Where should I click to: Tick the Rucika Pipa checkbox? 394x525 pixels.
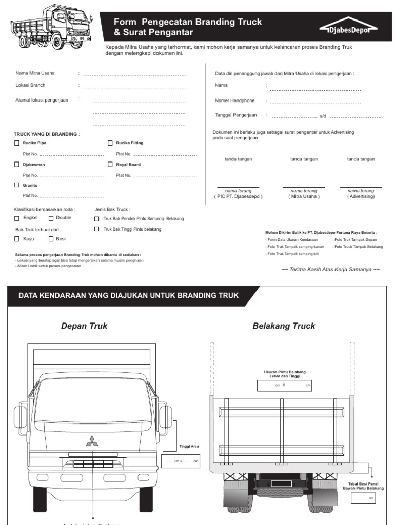[x=17, y=143]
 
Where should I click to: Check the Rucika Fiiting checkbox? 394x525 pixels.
[x=110, y=143]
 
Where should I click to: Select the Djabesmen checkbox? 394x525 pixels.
[x=17, y=165]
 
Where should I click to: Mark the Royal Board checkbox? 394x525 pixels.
[x=110, y=165]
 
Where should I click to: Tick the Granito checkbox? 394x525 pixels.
[x=17, y=185]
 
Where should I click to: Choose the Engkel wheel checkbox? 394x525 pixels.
[x=17, y=218]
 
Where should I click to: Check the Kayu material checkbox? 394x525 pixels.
[x=17, y=239]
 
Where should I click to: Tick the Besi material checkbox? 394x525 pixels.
[x=51, y=239]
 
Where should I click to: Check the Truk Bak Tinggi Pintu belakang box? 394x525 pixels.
[x=97, y=229]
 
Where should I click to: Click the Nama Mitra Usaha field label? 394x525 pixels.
[x=35, y=73]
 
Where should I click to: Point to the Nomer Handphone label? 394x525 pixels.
[x=234, y=100]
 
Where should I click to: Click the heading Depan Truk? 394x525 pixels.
[x=84, y=326]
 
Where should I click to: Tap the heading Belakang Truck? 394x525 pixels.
[x=284, y=326]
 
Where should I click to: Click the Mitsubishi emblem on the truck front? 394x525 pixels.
[x=93, y=441]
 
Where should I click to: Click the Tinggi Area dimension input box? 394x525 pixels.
[x=180, y=461]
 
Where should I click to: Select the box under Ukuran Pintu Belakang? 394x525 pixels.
[x=284, y=386]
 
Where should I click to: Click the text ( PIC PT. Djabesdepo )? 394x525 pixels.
[x=238, y=196]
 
